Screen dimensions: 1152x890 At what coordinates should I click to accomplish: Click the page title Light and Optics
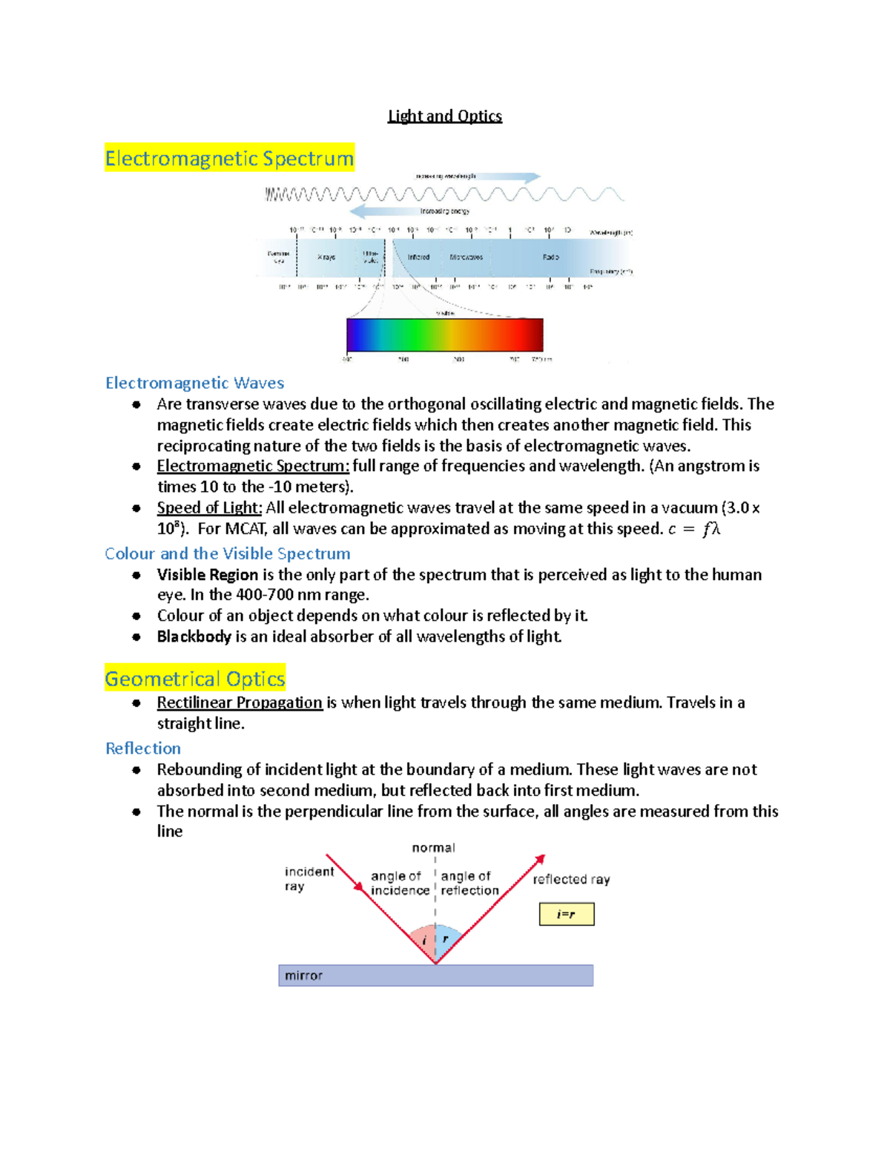(445, 116)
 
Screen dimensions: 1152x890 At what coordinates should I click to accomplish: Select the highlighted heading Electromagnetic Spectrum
(229, 158)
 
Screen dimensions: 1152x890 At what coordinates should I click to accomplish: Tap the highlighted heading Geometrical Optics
(195, 679)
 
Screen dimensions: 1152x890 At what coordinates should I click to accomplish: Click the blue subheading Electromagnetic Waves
(194, 383)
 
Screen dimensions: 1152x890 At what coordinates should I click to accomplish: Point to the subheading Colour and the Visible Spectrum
(227, 553)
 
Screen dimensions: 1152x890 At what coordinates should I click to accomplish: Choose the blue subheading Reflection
(143, 748)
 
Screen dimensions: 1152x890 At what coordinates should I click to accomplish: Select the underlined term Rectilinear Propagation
(240, 702)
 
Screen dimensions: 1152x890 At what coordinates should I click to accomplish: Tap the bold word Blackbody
(194, 636)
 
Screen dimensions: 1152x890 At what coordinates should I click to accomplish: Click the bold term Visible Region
(207, 574)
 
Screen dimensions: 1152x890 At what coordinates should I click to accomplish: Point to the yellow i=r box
(566, 914)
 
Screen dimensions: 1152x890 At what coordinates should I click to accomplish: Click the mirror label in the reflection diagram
(303, 975)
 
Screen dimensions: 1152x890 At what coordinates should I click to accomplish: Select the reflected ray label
(571, 879)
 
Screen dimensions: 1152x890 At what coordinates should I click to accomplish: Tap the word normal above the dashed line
(433, 847)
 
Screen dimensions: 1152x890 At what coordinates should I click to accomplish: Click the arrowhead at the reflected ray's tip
(541, 858)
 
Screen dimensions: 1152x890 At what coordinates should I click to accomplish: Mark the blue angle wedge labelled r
(446, 939)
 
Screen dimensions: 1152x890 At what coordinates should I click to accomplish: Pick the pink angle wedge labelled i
(424, 940)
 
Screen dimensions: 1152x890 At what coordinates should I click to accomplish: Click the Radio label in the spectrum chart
(550, 257)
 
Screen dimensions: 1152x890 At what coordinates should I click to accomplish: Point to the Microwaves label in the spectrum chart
(466, 257)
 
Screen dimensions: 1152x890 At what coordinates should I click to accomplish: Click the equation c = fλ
(694, 529)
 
